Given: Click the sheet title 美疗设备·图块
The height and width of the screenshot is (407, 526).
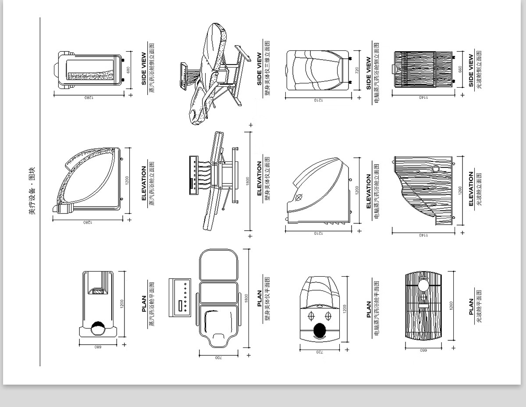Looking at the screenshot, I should tap(32, 191).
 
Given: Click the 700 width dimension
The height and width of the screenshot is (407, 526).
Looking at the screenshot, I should tap(219, 358).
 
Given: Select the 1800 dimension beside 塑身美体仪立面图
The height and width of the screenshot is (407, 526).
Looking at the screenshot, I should tap(247, 181).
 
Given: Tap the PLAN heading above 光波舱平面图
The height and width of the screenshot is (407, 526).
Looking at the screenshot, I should tap(471, 307).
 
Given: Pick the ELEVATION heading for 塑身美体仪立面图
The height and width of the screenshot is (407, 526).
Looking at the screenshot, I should tap(259, 178).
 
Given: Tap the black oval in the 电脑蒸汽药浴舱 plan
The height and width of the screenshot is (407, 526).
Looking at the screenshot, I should tap(320, 330).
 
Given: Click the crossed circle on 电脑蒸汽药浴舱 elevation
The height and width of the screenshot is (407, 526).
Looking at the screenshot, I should tap(299, 197).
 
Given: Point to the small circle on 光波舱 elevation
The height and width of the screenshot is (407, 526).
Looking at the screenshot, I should tap(436, 168).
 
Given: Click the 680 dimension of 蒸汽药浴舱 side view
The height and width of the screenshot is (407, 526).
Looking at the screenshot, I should tap(128, 70).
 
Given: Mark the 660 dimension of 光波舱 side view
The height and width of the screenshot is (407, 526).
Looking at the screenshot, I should tap(460, 69).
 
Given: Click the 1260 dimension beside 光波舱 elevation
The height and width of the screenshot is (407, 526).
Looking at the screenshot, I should tap(460, 191).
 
